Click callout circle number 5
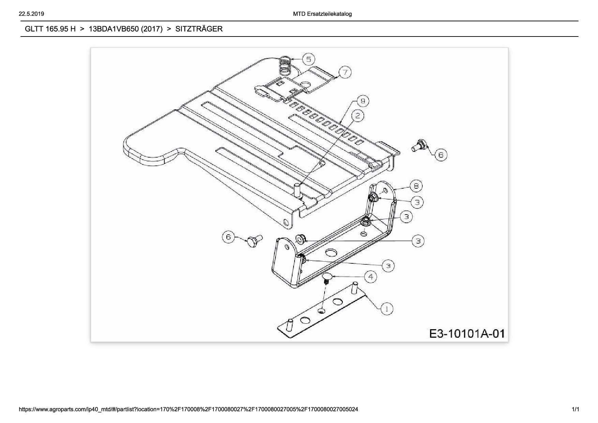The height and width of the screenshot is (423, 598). click(x=309, y=59)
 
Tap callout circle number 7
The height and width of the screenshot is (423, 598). click(x=345, y=72)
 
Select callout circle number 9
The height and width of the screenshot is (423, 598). click(x=363, y=101)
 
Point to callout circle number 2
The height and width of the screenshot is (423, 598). click(x=358, y=116)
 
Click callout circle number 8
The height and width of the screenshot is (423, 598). click(x=416, y=186)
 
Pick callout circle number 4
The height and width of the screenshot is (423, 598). click(x=371, y=277)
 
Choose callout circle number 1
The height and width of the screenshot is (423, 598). click(x=387, y=309)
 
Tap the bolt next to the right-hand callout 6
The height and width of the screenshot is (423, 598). click(x=418, y=145)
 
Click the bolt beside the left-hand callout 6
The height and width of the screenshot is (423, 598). click(x=254, y=240)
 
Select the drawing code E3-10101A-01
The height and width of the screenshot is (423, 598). click(x=467, y=333)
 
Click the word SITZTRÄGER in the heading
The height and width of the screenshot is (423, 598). click(x=199, y=29)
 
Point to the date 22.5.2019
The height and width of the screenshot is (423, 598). click(x=32, y=14)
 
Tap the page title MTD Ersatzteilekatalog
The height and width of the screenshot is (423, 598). click(x=322, y=14)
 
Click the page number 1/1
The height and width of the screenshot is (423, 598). click(x=575, y=409)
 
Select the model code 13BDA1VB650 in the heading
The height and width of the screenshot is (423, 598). click(x=114, y=29)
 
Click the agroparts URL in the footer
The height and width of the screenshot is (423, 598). click(x=189, y=409)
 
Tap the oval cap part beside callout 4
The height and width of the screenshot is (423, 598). click(x=328, y=276)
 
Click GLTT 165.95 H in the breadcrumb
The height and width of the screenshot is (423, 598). click(x=50, y=29)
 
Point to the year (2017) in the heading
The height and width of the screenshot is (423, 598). click(x=152, y=29)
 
